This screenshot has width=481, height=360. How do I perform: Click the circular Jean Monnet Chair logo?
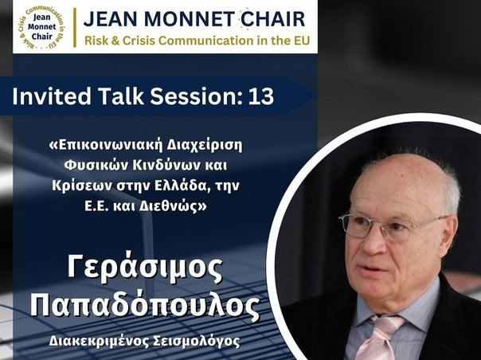(x=41, y=27)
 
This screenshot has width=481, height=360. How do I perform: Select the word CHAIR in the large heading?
(x=272, y=18)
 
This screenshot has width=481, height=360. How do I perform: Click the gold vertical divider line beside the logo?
(x=75, y=28)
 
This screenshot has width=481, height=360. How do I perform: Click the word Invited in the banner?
(x=52, y=96)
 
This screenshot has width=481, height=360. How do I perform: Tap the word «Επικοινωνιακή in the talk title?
(x=105, y=146)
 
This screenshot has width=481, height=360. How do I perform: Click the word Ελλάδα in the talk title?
(x=179, y=186)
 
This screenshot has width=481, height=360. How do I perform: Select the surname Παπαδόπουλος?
(x=145, y=305)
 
